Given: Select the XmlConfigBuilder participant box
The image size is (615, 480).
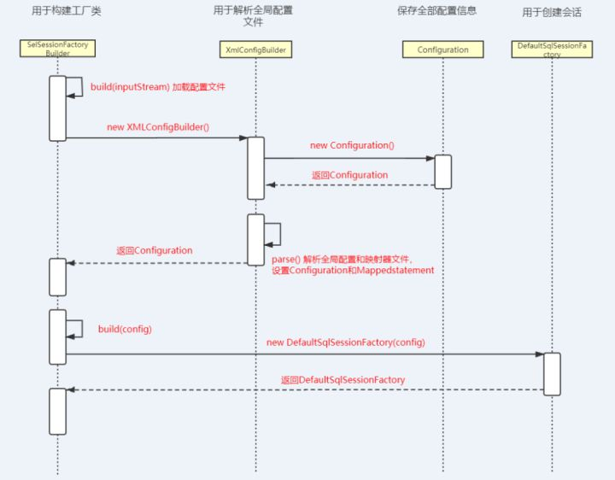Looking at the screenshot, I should [x=256, y=50].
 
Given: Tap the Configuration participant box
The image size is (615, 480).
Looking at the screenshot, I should [x=442, y=50].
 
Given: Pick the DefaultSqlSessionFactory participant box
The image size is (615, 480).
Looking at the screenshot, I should [x=552, y=49].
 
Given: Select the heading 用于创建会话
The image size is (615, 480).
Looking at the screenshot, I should [x=552, y=12].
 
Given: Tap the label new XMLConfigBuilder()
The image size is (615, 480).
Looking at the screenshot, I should [x=157, y=126].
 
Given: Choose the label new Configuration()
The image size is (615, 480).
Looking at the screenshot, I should [x=351, y=145].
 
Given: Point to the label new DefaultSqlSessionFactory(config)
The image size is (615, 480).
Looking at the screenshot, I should [x=345, y=342].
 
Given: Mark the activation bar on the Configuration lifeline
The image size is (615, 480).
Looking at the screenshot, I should [x=443, y=171].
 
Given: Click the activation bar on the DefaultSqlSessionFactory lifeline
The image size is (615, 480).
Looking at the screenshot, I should [x=552, y=373].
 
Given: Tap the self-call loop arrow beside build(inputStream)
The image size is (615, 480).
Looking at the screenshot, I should [x=75, y=86].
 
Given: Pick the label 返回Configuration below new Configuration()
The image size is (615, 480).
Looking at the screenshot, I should [x=349, y=175].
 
